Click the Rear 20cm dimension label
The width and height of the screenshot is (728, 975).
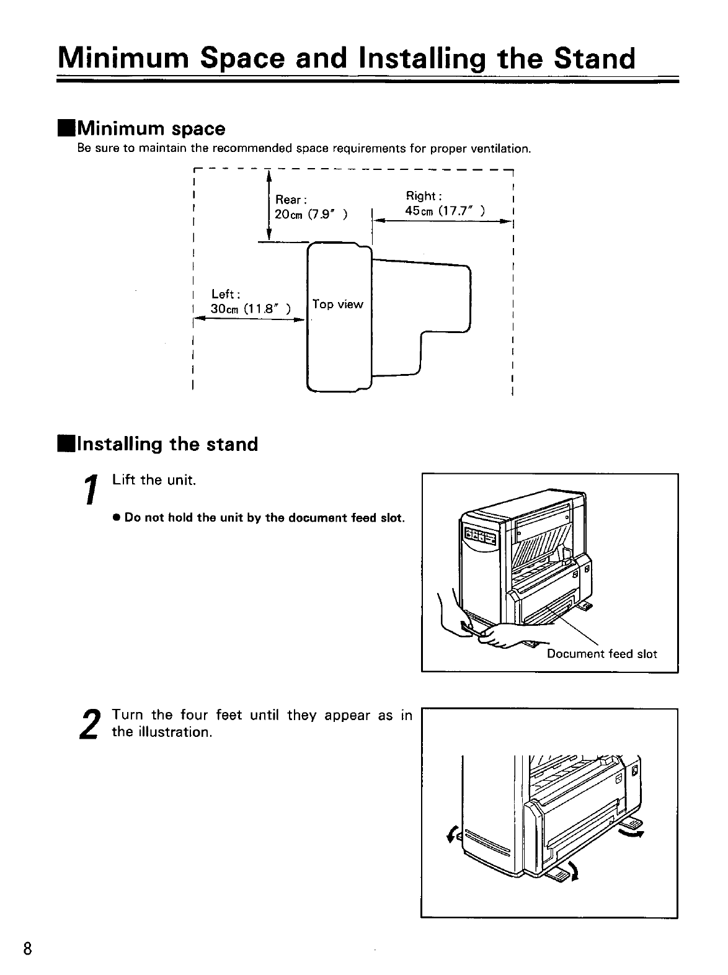click(x=310, y=207)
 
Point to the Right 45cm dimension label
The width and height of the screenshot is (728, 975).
click(x=445, y=203)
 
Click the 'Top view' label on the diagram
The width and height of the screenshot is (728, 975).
click(x=338, y=305)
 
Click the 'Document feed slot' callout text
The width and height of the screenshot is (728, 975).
click(x=601, y=654)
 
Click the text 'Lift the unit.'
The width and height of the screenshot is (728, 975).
click(x=154, y=480)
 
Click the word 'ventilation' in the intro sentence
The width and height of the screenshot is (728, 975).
click(x=499, y=149)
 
